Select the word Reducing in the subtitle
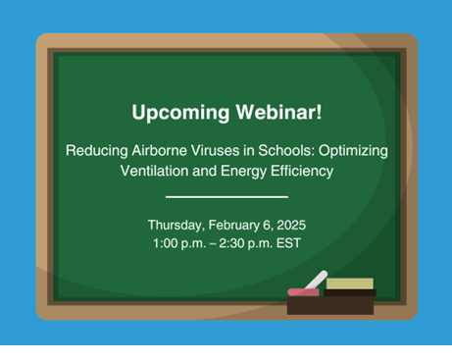[x=94, y=152]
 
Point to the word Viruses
[x=219, y=152]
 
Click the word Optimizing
[x=354, y=152]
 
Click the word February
[x=238, y=226]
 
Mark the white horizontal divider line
[x=226, y=198]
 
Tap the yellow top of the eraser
[x=349, y=283]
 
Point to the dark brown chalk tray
[x=330, y=305]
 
